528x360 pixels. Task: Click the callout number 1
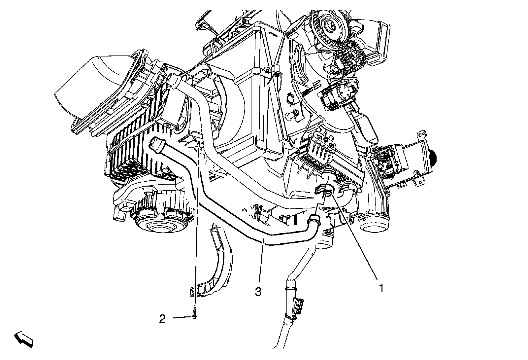(381, 288)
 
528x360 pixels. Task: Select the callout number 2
(162, 319)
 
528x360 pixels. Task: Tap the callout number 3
(258, 292)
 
